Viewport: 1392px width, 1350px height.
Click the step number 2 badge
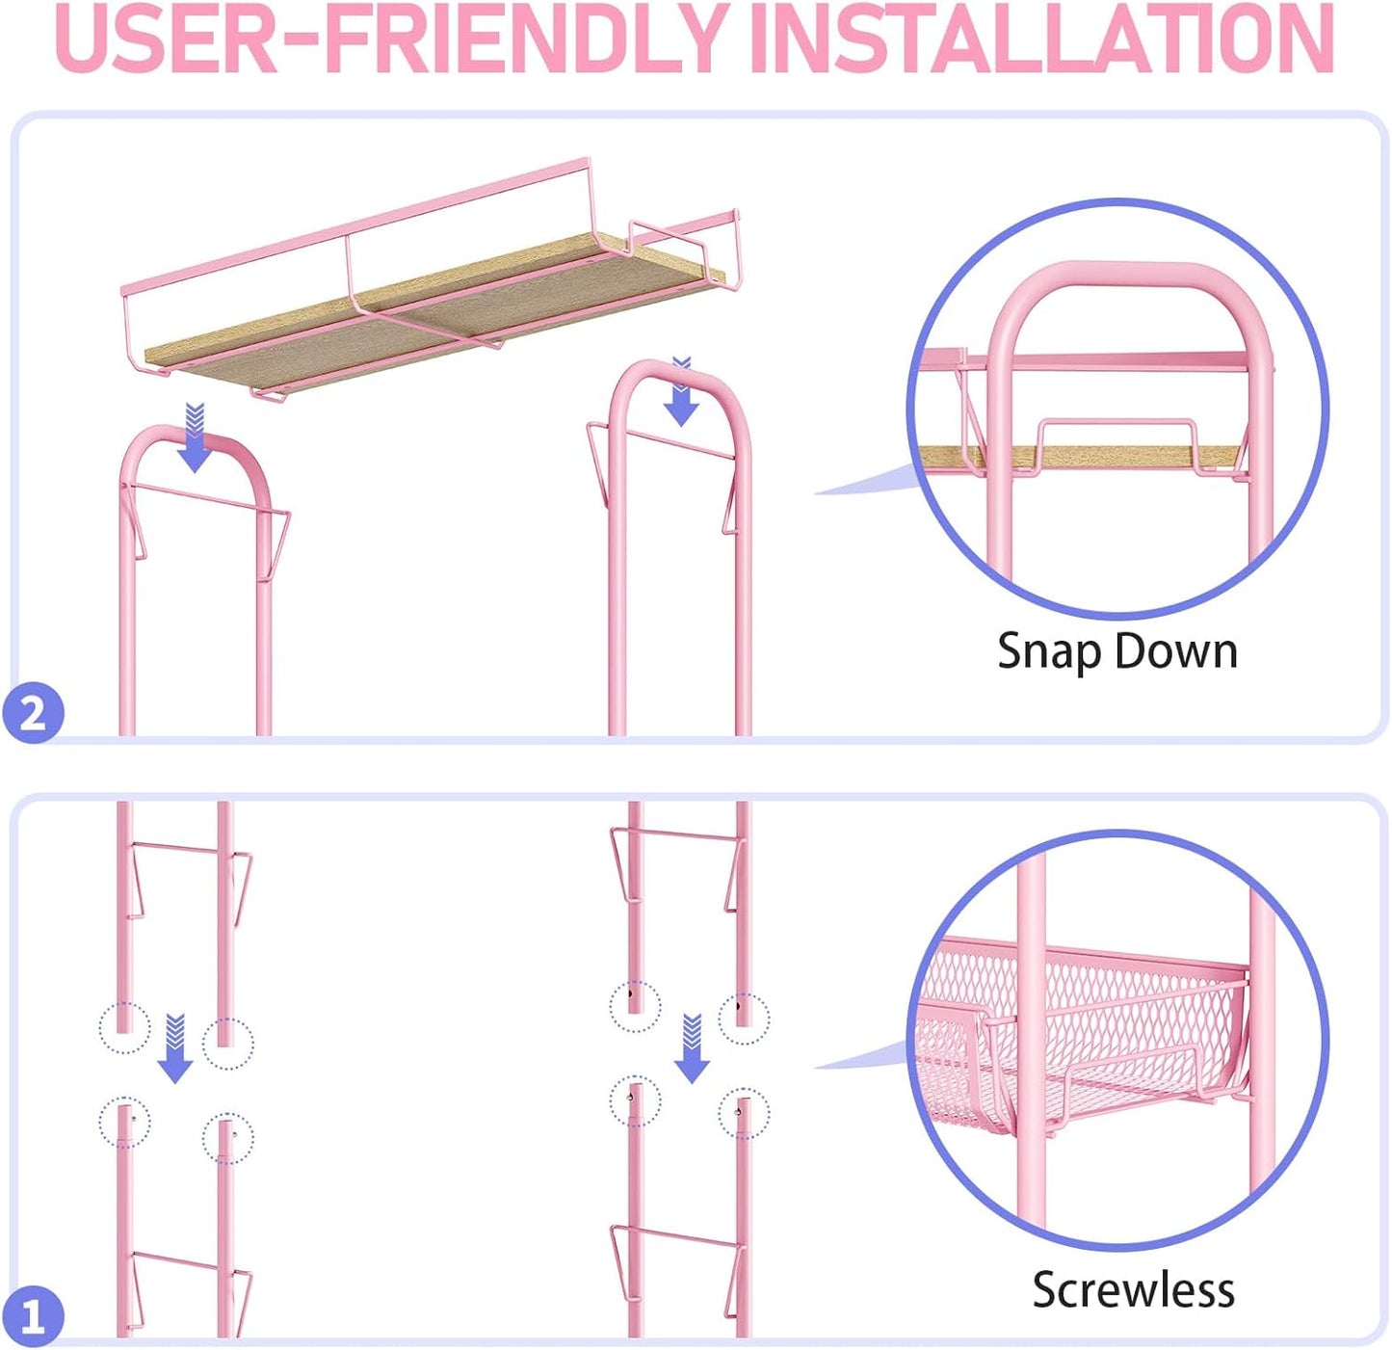point(34,712)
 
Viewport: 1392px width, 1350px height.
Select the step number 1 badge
point(34,1315)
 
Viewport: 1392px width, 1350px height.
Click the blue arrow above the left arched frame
point(194,437)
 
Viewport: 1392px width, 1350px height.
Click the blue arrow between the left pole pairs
point(175,1047)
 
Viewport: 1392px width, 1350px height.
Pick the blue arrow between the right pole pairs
point(692,1047)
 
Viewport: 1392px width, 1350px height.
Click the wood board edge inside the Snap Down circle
point(1080,455)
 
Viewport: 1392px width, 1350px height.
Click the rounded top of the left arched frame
point(195,437)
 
